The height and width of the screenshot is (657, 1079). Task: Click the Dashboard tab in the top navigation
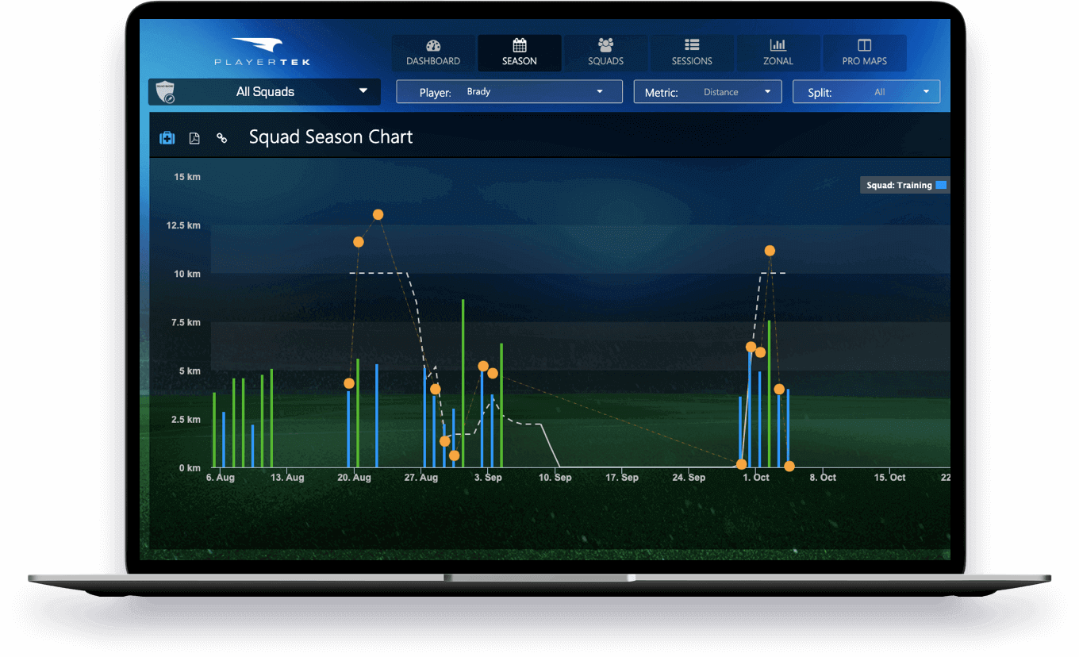click(x=433, y=52)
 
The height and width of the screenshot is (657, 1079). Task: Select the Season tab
click(x=520, y=52)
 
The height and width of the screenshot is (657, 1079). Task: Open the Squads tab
click(x=605, y=52)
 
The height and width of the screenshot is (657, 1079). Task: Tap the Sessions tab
click(x=692, y=52)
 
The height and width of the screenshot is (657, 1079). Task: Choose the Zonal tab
click(x=778, y=52)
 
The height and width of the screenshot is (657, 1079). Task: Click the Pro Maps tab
click(x=864, y=52)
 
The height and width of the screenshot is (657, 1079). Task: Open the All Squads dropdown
click(x=265, y=92)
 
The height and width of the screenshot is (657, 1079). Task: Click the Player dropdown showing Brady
click(x=509, y=92)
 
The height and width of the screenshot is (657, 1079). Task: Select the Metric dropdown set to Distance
click(x=707, y=92)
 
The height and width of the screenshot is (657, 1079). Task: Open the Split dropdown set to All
click(x=866, y=92)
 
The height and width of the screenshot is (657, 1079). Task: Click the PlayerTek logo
click(x=262, y=52)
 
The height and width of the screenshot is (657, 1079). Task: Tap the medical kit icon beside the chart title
click(x=167, y=138)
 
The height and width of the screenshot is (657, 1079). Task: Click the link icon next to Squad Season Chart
click(x=222, y=138)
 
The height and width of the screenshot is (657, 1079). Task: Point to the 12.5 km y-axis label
click(x=183, y=225)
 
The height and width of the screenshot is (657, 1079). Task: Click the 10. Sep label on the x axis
click(x=555, y=478)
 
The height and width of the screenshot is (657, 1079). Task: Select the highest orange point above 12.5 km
click(x=378, y=215)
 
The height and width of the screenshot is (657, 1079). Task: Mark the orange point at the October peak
click(x=770, y=251)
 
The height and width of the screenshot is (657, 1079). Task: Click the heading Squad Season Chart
click(x=331, y=137)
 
